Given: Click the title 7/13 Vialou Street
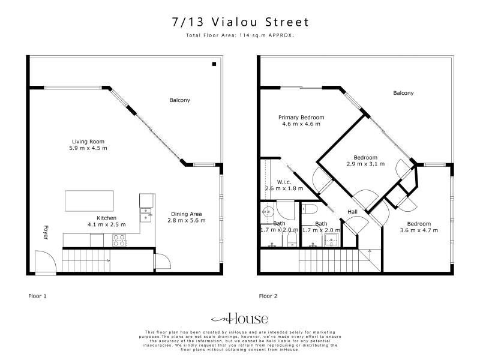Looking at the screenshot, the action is coord(241,22).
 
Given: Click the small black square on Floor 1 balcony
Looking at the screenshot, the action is coord(214,64).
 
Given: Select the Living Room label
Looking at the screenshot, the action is coord(88,142).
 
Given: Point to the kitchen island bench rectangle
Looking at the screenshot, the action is coord(89,201).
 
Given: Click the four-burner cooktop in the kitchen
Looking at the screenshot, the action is coord(119,241).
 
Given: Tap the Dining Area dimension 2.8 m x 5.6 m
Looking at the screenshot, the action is coord(187,220).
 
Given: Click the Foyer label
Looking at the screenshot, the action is coord(46,233).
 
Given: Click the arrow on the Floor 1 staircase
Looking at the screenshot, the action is coord(108,261).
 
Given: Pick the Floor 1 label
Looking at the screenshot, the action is coord(37,296).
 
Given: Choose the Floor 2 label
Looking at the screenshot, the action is coord(268,296).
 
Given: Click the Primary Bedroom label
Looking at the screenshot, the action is coord(301,117).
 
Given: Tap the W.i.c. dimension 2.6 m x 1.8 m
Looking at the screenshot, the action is coord(284,188).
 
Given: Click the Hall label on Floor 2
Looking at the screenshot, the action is coord(352,212).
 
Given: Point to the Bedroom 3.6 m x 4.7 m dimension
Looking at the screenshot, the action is coord(419,230).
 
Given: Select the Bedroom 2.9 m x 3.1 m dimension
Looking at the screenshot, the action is coord(365,164).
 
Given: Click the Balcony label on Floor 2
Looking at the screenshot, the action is coord(403,93).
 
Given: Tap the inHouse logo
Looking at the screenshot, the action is coord(240,319).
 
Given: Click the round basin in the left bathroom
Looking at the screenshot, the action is coord(268,211).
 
